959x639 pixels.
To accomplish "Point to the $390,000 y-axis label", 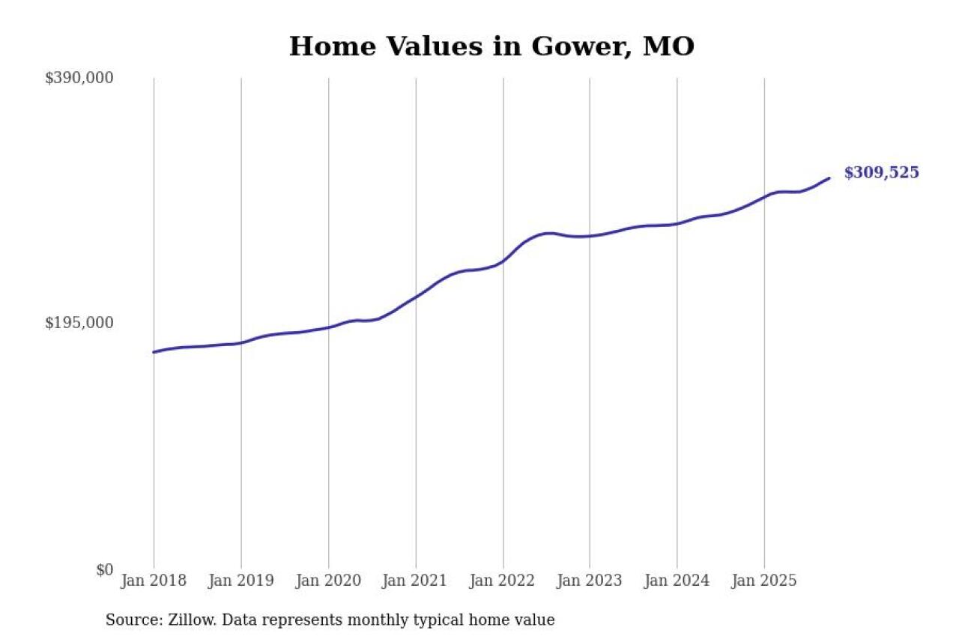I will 79,78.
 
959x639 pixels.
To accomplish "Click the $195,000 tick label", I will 79,323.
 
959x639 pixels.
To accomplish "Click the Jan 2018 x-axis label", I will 154,581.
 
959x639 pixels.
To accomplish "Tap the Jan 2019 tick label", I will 241,581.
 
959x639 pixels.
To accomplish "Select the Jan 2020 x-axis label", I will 328,581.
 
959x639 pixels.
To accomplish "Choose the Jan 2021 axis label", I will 416,581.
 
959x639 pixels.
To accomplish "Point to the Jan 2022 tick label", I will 503,581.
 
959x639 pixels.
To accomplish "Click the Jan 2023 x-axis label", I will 590,581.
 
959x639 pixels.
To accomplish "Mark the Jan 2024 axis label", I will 677,581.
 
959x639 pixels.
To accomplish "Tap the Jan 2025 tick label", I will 764,581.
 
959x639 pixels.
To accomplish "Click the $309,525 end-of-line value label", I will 881,173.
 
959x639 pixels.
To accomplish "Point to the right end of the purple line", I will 829,178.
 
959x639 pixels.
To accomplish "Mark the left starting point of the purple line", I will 154,352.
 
